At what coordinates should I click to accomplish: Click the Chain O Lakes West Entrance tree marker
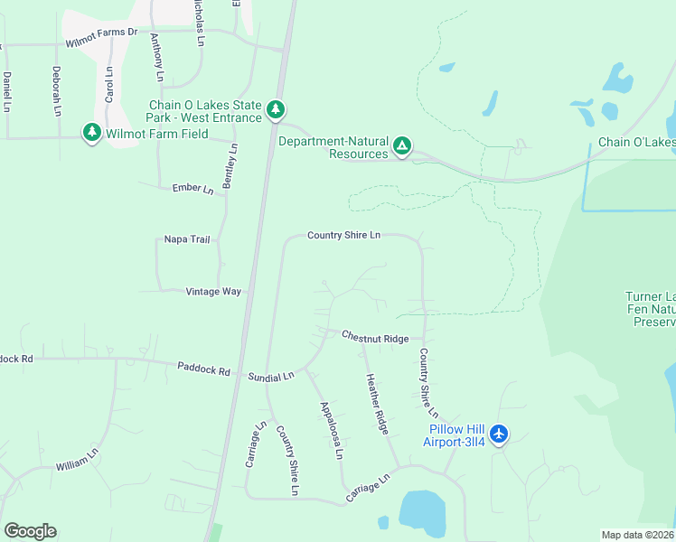(x=277, y=110)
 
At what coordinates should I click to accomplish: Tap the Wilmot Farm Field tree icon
(x=91, y=133)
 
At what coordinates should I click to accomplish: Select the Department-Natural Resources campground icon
(x=403, y=145)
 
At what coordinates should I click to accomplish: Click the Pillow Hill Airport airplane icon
(x=499, y=435)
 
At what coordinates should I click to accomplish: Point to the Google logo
(x=30, y=531)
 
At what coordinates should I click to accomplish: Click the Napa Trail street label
(x=186, y=239)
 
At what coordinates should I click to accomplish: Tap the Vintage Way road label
(x=213, y=292)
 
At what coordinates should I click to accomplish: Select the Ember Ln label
(x=192, y=189)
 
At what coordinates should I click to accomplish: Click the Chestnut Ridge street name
(x=375, y=337)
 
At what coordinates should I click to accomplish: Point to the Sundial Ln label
(x=271, y=376)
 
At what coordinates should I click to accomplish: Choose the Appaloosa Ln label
(x=332, y=432)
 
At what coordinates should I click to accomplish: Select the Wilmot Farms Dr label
(x=101, y=32)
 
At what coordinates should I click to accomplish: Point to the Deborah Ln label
(x=56, y=90)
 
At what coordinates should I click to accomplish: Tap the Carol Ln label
(x=108, y=83)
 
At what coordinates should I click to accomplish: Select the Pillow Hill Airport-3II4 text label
(x=454, y=435)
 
